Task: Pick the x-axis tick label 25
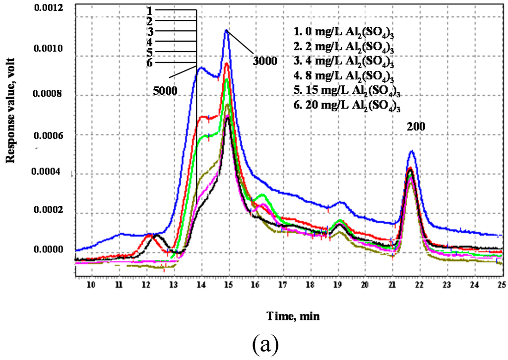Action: (x=501, y=285)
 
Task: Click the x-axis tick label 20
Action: (x=365, y=285)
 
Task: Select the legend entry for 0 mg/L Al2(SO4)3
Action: (x=347, y=34)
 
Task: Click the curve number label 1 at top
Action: (x=149, y=9)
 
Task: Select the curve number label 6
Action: (x=149, y=62)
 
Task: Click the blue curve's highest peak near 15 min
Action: (x=227, y=30)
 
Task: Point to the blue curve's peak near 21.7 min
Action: (x=411, y=151)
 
